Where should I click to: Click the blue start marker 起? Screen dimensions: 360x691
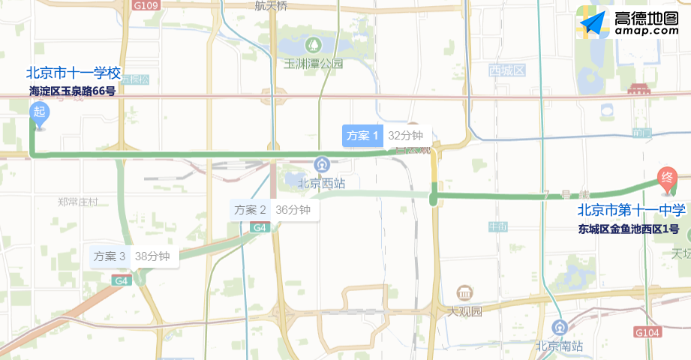point(39,113)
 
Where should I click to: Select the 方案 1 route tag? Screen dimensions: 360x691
point(363,136)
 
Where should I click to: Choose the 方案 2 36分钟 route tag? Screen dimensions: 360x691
point(272,210)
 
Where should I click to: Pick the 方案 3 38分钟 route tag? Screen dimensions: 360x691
point(131,256)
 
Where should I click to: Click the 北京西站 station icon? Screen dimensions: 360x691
point(322,163)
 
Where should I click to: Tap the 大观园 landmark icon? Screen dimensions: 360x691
point(464,292)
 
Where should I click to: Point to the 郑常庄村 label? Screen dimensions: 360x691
point(78,202)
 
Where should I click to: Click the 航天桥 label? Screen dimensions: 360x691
point(271,6)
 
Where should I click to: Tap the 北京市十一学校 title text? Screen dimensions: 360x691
point(74,73)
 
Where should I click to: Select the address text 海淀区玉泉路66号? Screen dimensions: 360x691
point(72,91)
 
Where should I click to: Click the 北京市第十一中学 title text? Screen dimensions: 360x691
point(631,211)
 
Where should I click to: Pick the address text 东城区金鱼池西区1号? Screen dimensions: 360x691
point(629,229)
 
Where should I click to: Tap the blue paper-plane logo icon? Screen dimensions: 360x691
point(594,25)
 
